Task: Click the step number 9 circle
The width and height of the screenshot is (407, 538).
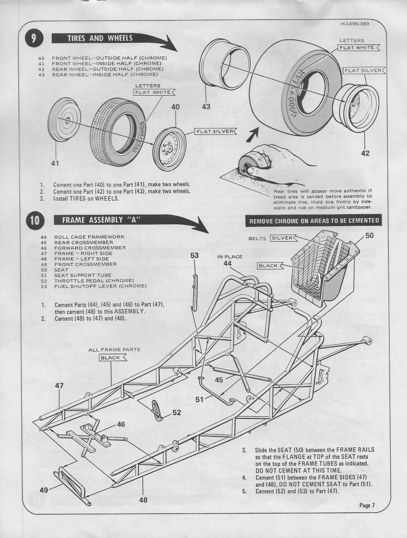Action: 34,39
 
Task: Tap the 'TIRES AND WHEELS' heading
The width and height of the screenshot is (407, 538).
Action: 100,38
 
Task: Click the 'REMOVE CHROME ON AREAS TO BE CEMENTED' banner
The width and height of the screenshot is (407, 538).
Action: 314,221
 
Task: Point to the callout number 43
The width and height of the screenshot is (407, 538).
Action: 206,106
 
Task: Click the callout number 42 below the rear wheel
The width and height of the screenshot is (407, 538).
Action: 365,153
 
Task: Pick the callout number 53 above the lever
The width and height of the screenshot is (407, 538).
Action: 194,256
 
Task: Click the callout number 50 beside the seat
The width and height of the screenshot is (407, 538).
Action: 369,235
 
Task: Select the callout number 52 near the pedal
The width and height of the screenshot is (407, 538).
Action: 176,412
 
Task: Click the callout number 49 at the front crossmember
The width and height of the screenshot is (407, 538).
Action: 44,490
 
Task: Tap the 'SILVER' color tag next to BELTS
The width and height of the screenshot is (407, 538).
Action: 282,238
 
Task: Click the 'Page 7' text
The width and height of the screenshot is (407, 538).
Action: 367,506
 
